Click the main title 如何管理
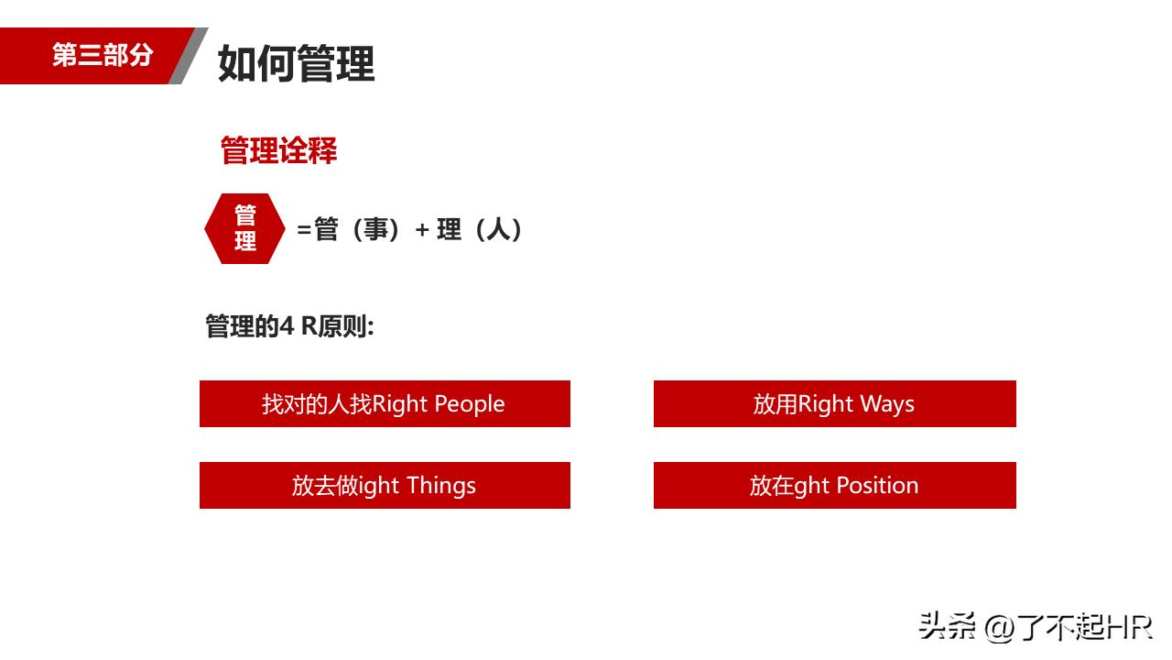296,64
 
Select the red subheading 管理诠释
278,150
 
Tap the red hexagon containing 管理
244,228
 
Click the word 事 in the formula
376,229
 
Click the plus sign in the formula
422,230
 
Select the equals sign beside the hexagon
304,230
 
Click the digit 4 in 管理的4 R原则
287,326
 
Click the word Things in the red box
441,486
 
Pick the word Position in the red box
877,486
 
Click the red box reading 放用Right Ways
834,404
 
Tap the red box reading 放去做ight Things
385,486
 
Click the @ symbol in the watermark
1000,628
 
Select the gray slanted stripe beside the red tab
189,56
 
